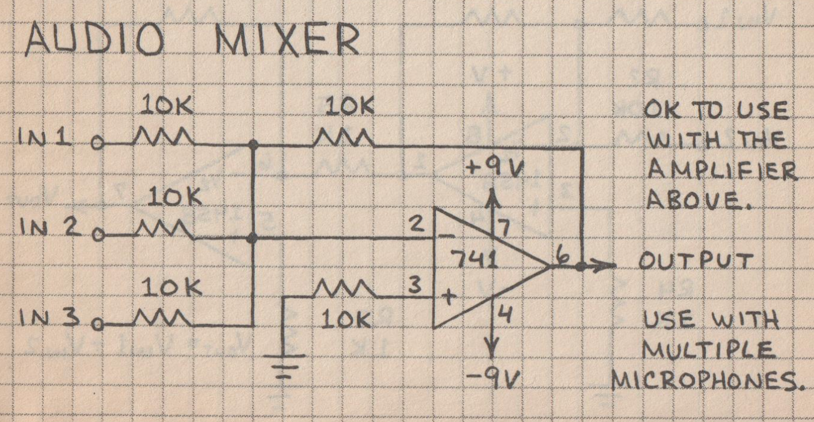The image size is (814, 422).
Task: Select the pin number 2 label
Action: [x=417, y=225]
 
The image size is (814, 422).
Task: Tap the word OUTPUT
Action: [x=696, y=261]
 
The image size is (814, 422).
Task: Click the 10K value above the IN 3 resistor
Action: [x=166, y=289]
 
